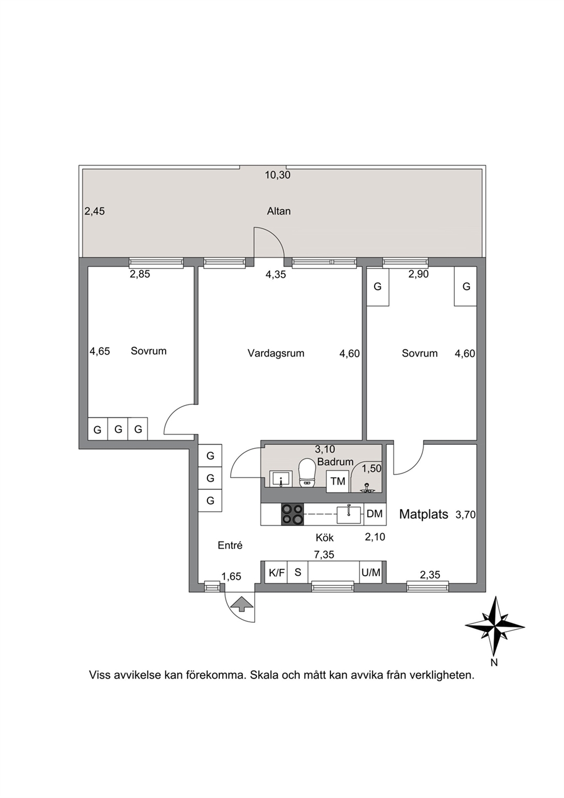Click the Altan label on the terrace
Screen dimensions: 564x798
pos(279,211)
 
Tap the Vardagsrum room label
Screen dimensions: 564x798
pos(276,353)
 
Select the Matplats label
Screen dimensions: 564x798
pos(424,514)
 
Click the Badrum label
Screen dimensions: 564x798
pos(335,462)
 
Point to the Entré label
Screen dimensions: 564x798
pos(230,545)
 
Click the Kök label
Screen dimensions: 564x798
pos(325,537)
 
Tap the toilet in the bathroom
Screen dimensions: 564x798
pos(307,473)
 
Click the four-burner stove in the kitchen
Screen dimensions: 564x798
pos(293,514)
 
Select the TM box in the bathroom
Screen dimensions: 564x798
pos(338,481)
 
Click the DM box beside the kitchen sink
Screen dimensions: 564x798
pos(375,514)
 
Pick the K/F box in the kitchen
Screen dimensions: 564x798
pos(276,572)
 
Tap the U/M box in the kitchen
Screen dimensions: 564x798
pos(371,572)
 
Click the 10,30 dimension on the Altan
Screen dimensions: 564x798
pos(277,175)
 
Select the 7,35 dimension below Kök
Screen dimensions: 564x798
pos(325,555)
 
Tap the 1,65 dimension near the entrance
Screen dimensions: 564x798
pos(231,576)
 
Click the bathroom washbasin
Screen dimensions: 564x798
pos(281,478)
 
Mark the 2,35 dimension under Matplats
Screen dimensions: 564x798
pos(430,574)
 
